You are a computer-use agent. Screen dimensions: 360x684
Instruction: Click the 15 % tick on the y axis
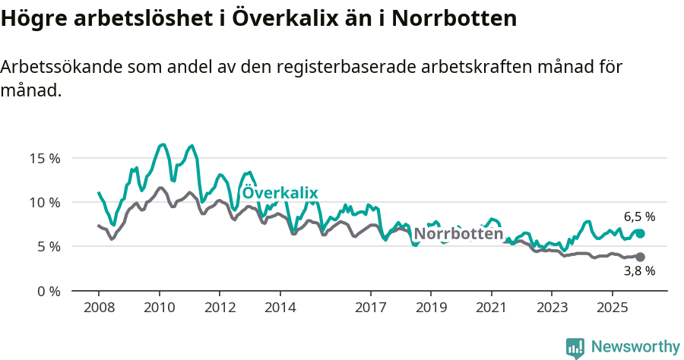click(45, 159)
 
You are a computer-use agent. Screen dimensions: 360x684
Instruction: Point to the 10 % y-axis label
click(45, 203)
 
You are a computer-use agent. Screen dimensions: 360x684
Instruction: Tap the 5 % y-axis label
click(48, 247)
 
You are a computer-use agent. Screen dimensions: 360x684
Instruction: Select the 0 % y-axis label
click(48, 291)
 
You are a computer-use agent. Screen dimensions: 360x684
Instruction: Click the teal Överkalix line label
click(280, 193)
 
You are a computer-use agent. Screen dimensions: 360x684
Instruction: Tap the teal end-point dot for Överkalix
click(640, 233)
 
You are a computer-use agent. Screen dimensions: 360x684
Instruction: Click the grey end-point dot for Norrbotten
click(640, 257)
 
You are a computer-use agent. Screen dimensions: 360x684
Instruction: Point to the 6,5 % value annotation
click(639, 216)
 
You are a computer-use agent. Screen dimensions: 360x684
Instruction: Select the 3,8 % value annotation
click(639, 271)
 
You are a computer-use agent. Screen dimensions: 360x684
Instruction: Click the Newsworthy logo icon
click(575, 347)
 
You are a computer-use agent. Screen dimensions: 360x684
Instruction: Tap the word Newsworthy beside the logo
click(635, 347)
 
